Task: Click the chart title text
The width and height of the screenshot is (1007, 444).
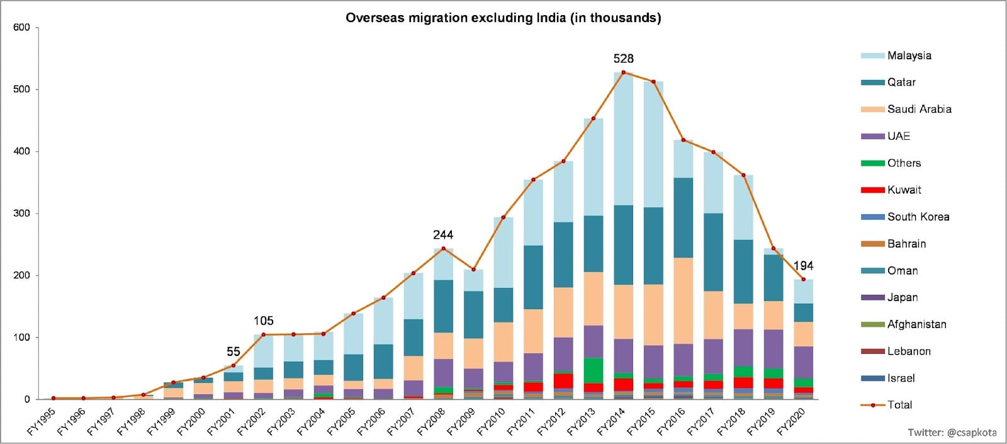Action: point(503,18)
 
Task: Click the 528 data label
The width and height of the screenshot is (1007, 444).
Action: point(623,59)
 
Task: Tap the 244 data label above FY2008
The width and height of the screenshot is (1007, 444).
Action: point(443,234)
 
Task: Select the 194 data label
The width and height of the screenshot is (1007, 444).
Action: point(803,266)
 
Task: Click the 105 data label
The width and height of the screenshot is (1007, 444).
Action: point(263,321)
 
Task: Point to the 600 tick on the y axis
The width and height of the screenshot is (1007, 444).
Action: point(21,27)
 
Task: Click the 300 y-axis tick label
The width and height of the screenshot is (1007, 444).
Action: point(21,213)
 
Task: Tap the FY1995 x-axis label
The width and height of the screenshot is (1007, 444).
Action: point(42,421)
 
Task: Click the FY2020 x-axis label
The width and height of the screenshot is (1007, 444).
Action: point(792,421)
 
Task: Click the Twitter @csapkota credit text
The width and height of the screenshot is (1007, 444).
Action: point(952,432)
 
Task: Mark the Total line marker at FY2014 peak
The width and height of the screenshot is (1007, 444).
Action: point(623,72)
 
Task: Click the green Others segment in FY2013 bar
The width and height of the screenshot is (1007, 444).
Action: point(593,370)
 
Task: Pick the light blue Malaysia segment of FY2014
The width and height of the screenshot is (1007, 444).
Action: point(623,139)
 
